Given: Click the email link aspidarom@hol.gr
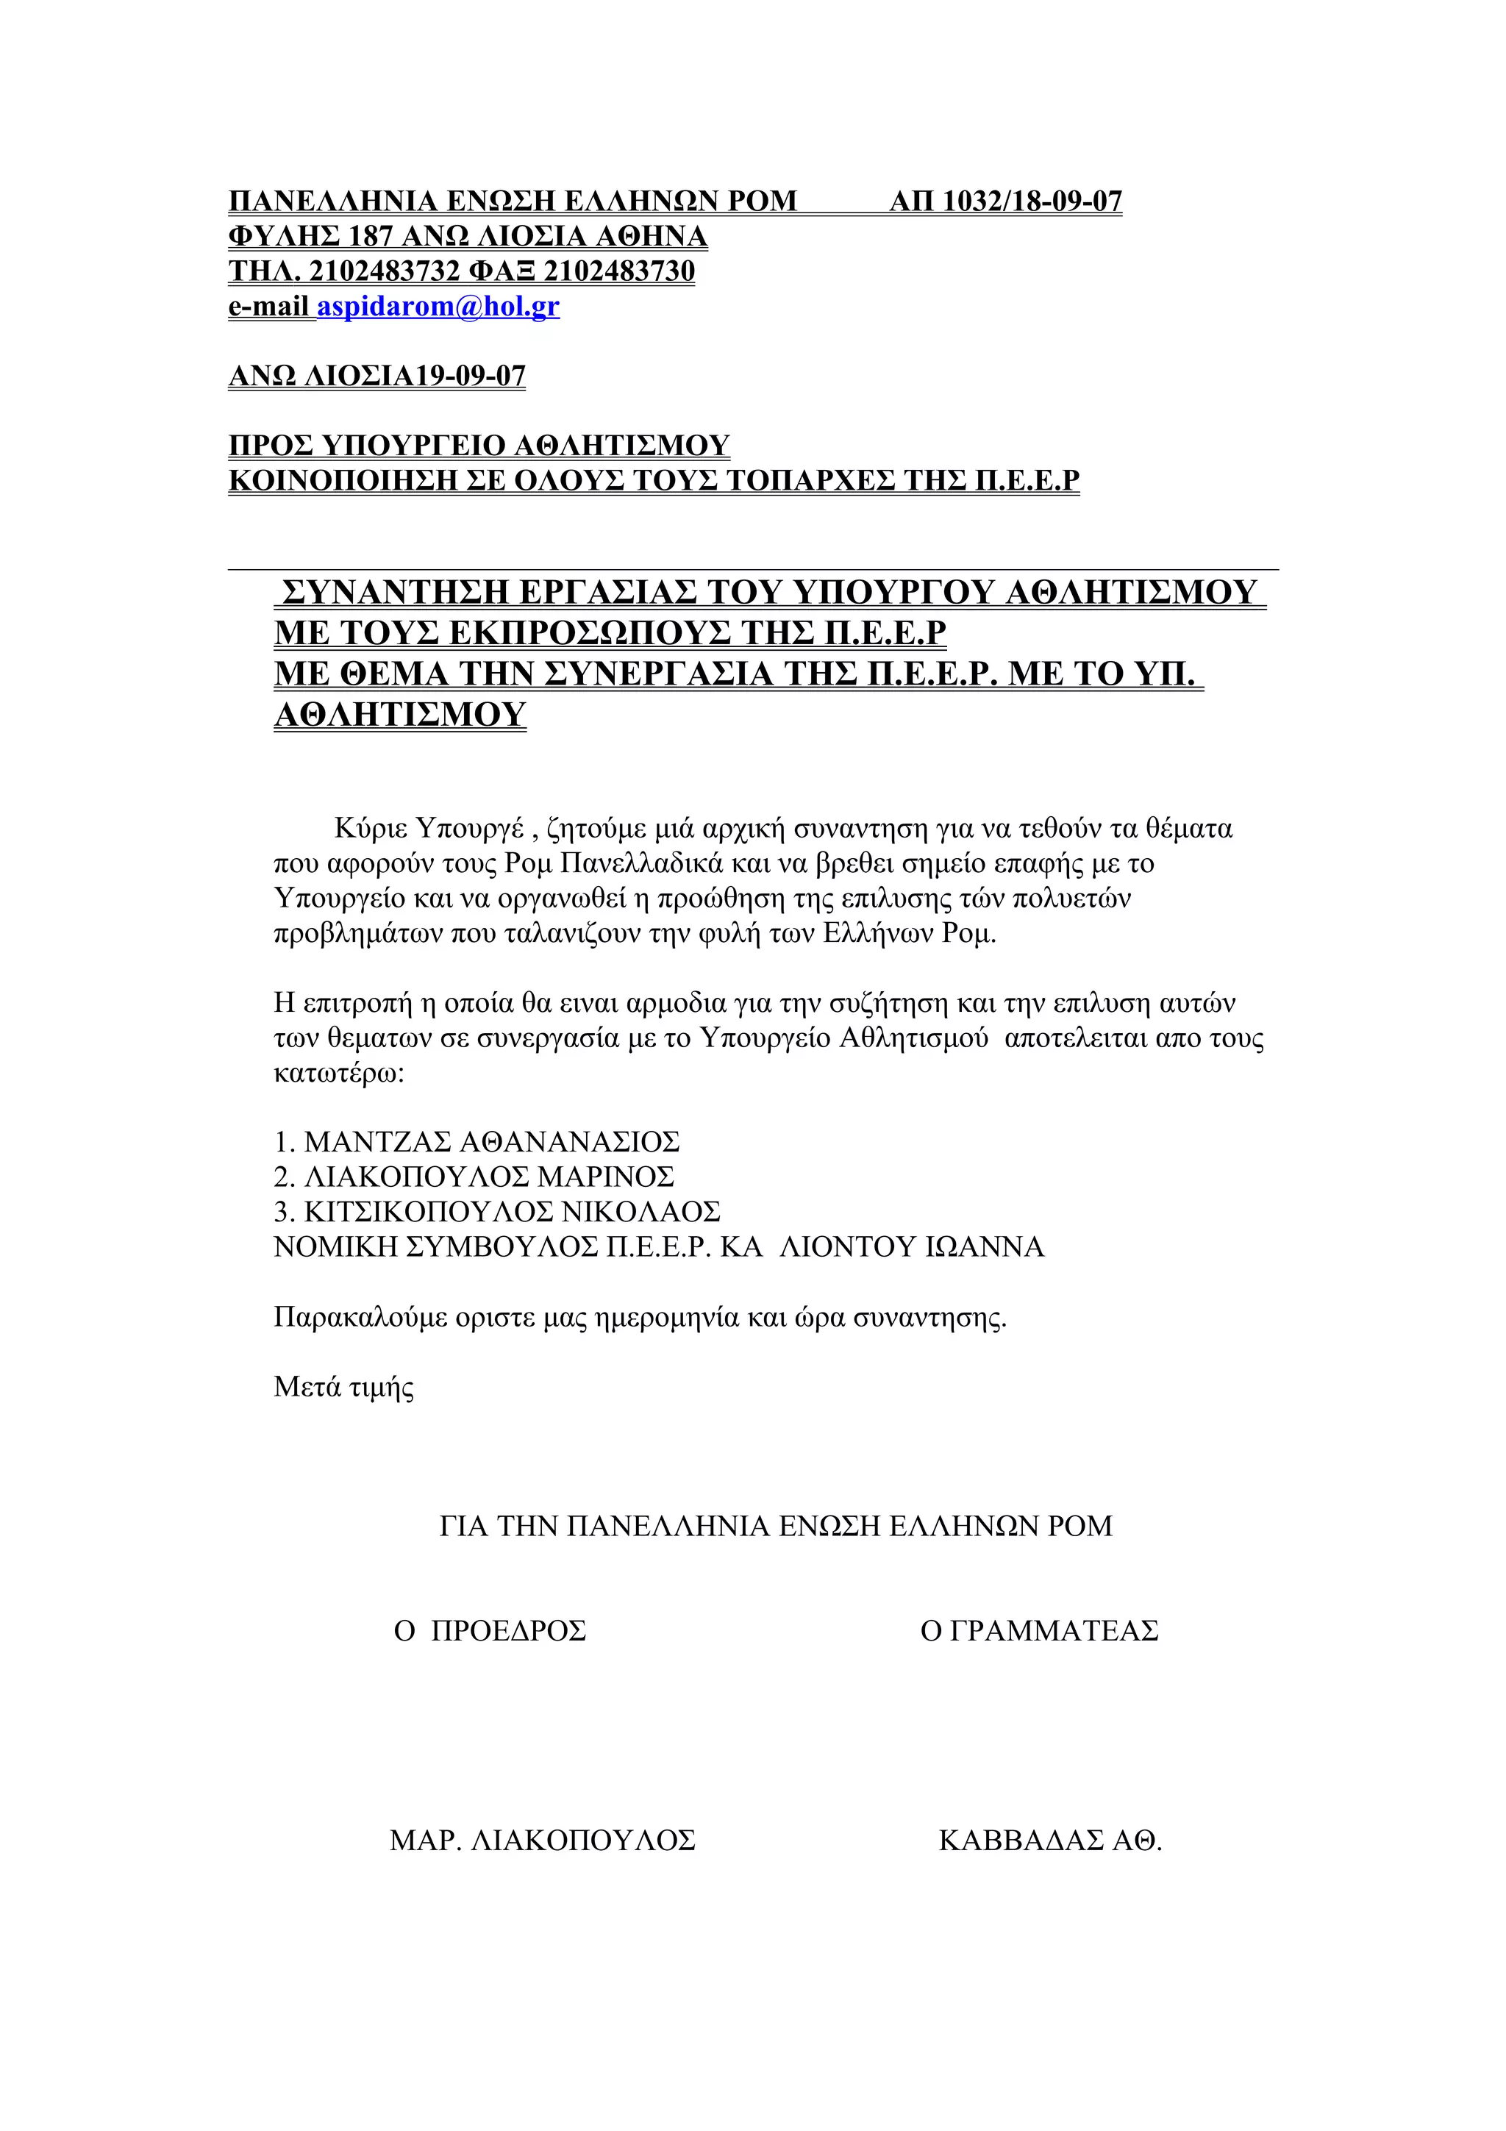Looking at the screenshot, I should coord(438,307).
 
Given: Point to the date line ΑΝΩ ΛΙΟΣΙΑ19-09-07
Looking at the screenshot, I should coord(376,376).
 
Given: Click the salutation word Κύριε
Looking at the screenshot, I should coord(369,828).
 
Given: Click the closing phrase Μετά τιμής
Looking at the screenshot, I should coord(343,1388).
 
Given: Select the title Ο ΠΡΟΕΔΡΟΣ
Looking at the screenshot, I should coord(490,1631).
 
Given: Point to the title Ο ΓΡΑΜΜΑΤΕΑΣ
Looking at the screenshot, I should coord(1038,1631).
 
